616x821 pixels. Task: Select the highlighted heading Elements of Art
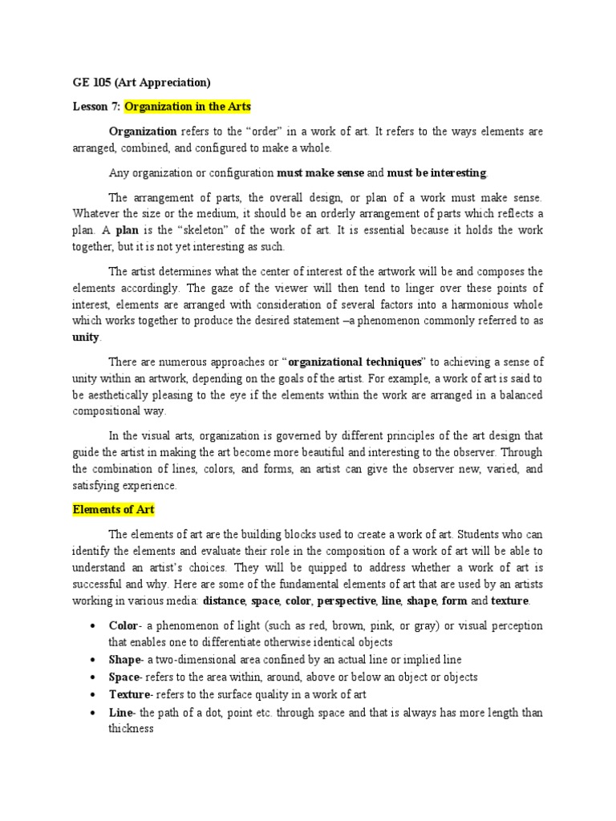113,509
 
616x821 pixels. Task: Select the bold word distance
224,601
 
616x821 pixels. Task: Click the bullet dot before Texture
93,694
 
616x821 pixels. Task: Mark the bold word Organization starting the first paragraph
143,131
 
